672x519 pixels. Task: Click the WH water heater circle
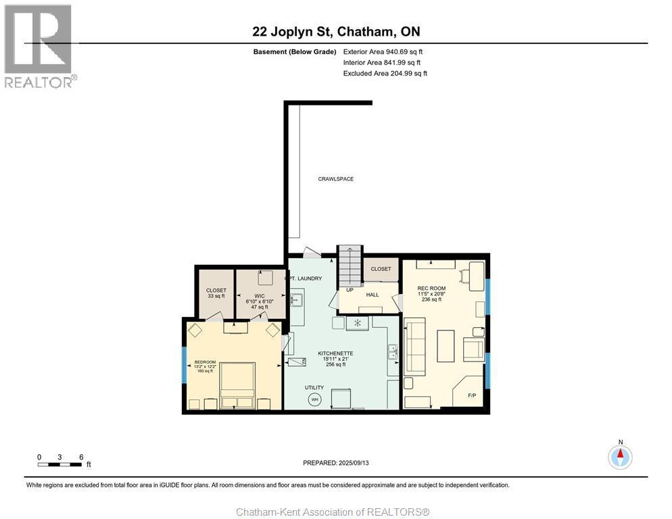click(x=314, y=399)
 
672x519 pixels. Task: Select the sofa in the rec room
click(x=414, y=347)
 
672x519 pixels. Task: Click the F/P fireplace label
click(x=471, y=396)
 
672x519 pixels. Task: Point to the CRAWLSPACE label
click(x=336, y=179)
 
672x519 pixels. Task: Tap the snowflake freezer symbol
click(x=358, y=324)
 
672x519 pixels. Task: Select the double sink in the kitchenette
click(x=391, y=352)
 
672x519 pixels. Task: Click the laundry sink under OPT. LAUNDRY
click(x=296, y=301)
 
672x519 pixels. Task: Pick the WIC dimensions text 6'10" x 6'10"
click(x=260, y=301)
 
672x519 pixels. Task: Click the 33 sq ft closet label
click(x=216, y=296)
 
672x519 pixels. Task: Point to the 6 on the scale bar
click(x=81, y=457)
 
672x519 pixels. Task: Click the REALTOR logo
click(x=38, y=45)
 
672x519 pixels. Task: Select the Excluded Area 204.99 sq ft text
click(x=385, y=73)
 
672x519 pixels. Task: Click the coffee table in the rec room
click(x=446, y=345)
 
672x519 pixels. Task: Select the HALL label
click(x=373, y=295)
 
